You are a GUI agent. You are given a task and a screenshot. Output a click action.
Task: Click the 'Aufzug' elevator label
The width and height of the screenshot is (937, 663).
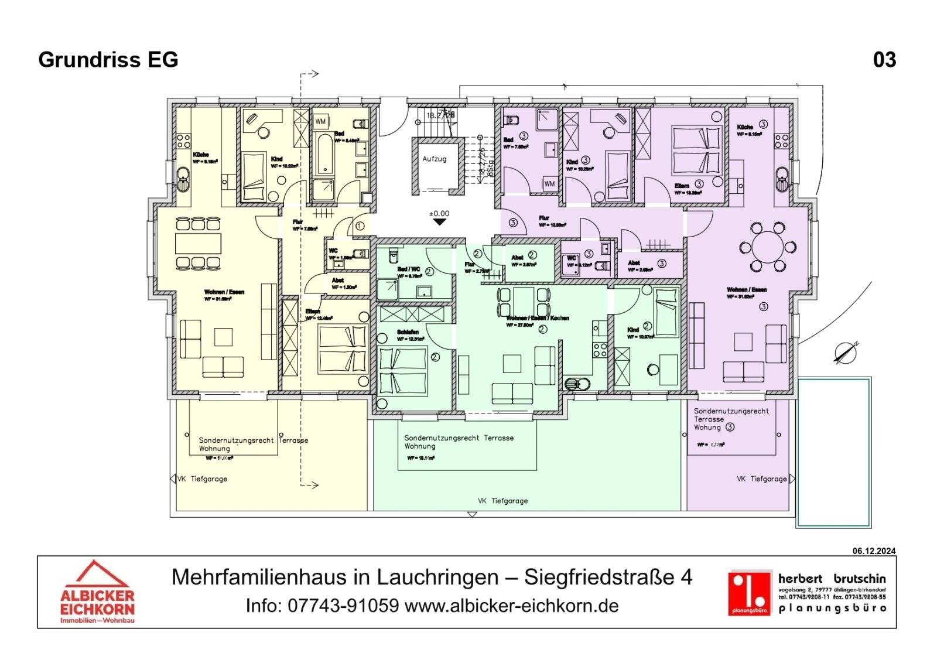[x=434, y=159]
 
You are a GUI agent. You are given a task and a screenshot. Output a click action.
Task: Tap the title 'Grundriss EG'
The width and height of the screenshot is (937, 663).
[x=108, y=60]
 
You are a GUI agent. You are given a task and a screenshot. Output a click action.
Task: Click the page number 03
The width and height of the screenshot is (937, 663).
[x=884, y=60]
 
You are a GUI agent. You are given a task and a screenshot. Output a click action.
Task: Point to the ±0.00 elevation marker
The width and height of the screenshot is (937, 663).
[x=439, y=214]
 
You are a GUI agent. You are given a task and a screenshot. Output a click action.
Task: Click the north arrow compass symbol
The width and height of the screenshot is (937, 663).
[x=846, y=352]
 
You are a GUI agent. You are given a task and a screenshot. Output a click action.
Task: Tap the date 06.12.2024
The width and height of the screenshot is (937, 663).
[x=874, y=551]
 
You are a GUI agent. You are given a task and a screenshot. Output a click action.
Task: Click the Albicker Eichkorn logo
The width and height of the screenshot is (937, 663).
[x=97, y=592]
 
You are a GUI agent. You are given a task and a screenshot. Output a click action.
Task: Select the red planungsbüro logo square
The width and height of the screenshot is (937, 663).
[x=749, y=593]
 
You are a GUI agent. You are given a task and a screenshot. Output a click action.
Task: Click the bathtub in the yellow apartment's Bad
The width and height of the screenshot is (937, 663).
[x=323, y=153]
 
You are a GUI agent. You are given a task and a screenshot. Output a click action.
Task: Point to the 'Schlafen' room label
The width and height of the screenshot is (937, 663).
[x=408, y=332]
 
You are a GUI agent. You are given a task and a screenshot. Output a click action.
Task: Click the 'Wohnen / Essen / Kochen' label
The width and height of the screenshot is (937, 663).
[x=538, y=318]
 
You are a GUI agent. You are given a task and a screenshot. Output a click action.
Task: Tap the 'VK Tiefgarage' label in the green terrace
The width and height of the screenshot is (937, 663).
[x=502, y=501]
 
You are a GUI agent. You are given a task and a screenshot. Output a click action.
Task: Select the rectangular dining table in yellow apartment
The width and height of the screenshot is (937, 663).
[x=199, y=243]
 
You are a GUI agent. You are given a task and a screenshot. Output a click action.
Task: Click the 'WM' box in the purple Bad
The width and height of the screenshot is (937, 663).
[x=549, y=183]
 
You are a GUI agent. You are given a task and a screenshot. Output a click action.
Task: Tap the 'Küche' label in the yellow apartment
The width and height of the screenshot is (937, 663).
[x=201, y=155]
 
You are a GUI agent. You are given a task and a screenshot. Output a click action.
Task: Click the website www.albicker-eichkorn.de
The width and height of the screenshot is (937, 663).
[x=511, y=606]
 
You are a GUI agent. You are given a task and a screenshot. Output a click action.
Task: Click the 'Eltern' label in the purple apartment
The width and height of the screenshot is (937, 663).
[x=682, y=186]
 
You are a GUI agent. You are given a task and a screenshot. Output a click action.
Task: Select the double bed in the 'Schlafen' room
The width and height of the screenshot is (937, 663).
[x=403, y=371]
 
